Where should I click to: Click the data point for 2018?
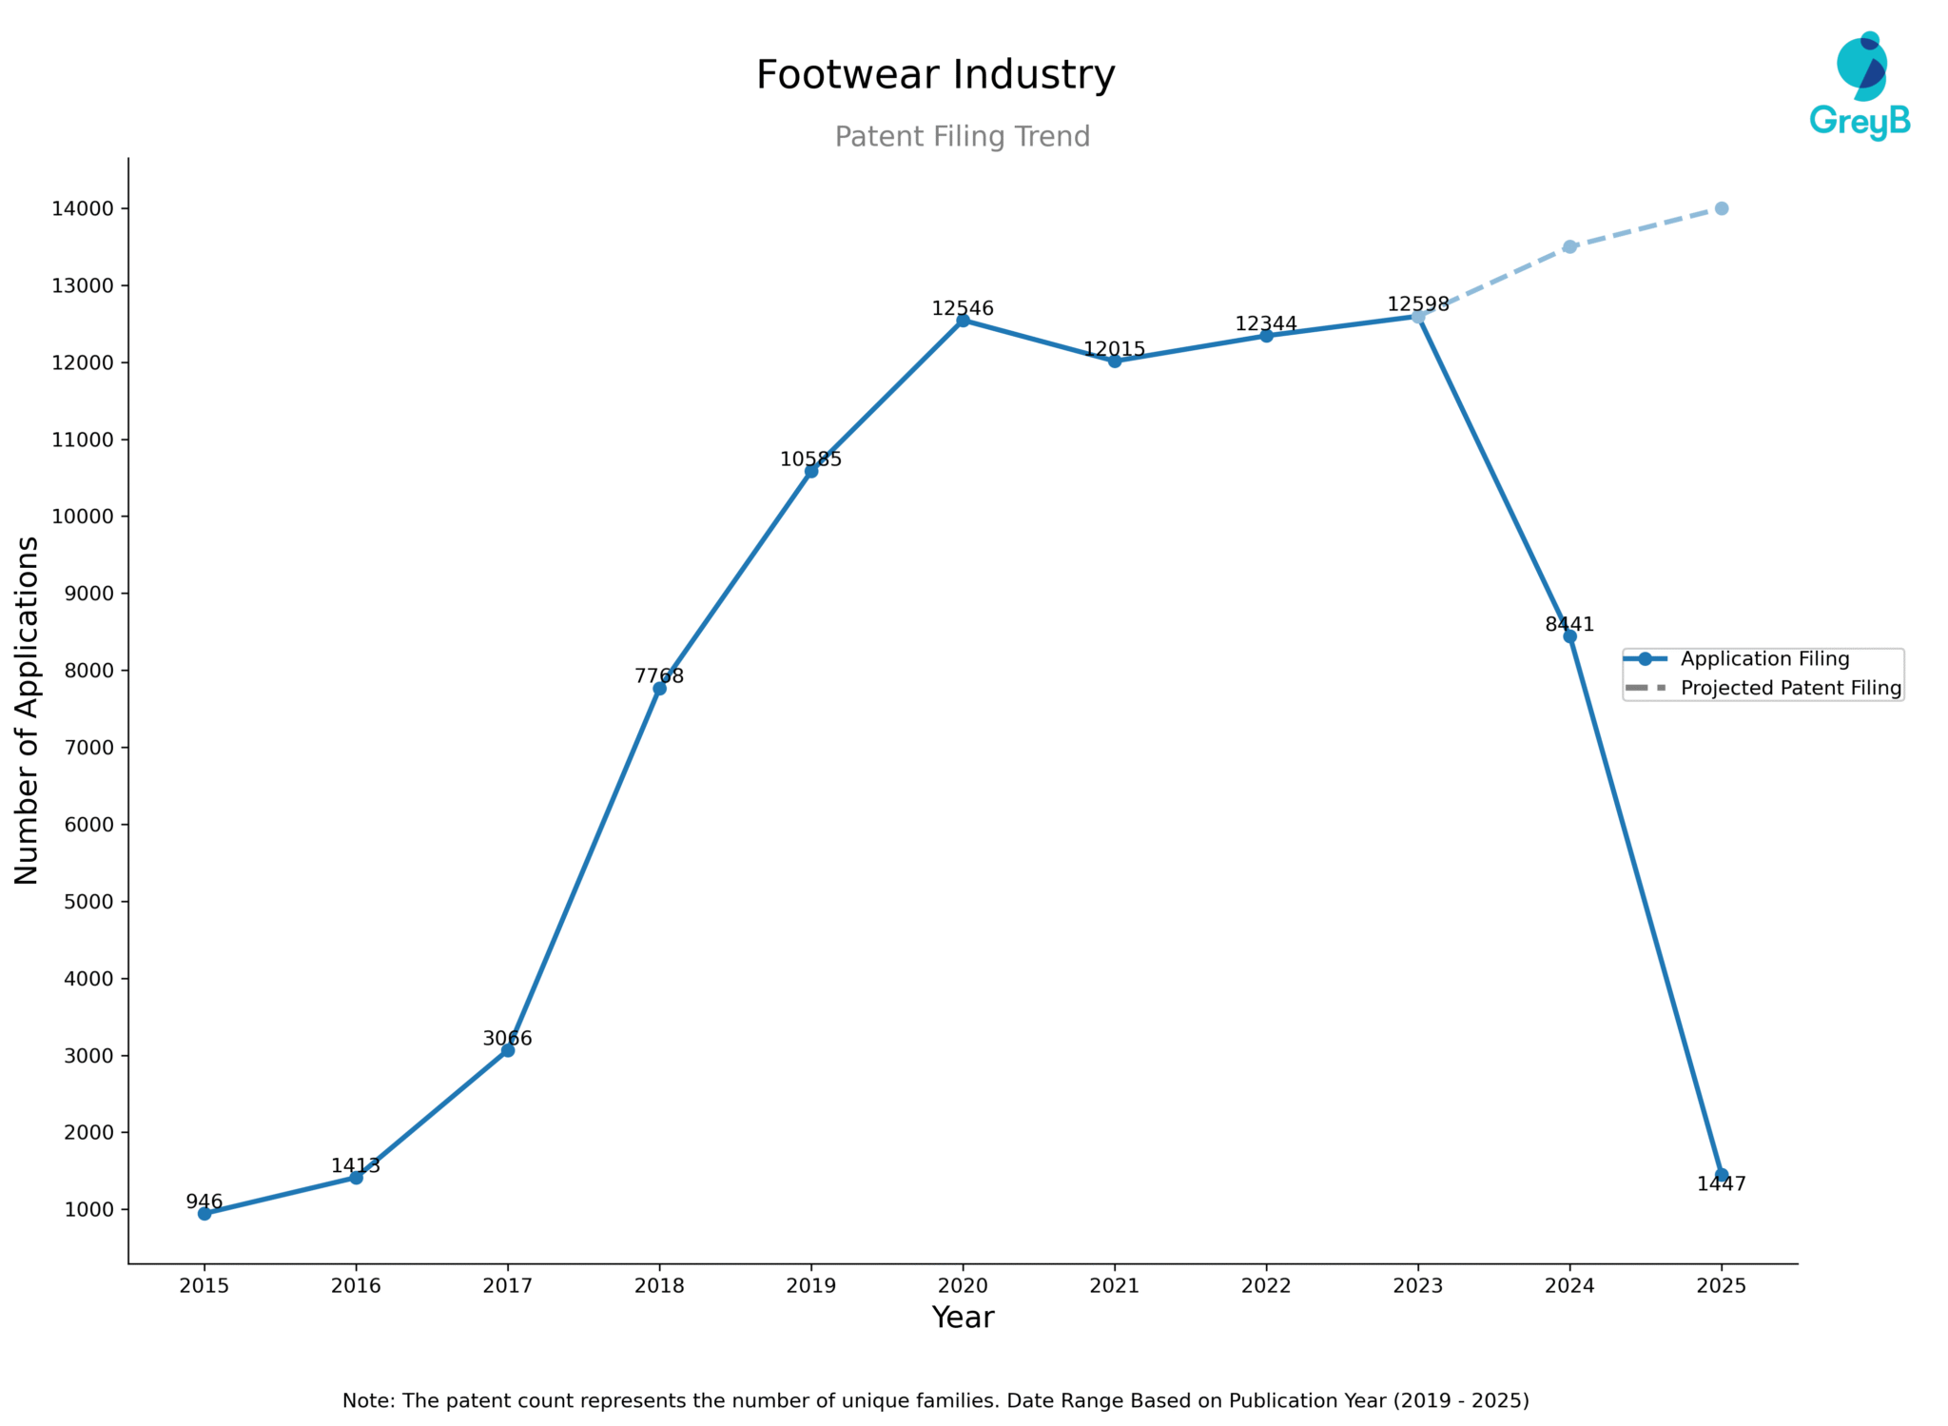tap(659, 688)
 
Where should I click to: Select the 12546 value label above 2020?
tap(962, 308)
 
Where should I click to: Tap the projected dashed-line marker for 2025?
tap(1721, 208)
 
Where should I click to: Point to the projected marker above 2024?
tap(1569, 246)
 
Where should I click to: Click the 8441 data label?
tap(1568, 624)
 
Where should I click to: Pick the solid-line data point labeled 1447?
tap(1721, 1175)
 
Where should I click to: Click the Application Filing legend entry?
tap(1763, 659)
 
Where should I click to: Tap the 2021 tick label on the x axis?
tap(1114, 1286)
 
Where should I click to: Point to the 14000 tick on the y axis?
tap(83, 208)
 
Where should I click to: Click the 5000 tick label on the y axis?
tap(88, 901)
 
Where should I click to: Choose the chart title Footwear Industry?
tap(935, 75)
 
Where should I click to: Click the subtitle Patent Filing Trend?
tap(962, 137)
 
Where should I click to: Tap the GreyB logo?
tap(1860, 86)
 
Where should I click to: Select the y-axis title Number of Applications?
tap(27, 710)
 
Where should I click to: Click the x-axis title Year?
tap(962, 1318)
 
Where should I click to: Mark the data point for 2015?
tap(205, 1213)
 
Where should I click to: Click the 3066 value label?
tap(507, 1038)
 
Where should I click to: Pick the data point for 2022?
tap(1266, 336)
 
